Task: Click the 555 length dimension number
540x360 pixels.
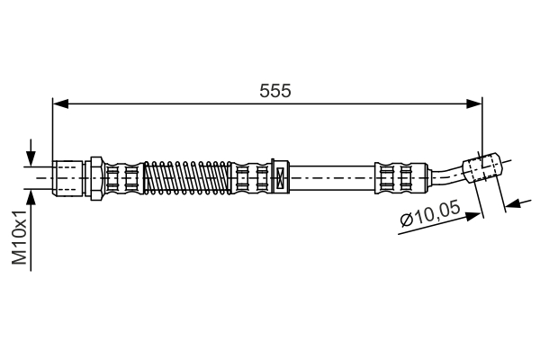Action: coord(275,91)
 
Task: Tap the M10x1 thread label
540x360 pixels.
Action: coord(18,236)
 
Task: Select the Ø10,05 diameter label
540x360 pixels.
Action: coord(430,216)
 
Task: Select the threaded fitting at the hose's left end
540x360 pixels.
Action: coord(69,177)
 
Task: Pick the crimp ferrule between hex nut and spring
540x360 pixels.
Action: coord(123,177)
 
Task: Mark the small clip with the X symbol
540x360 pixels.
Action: coord(279,176)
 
